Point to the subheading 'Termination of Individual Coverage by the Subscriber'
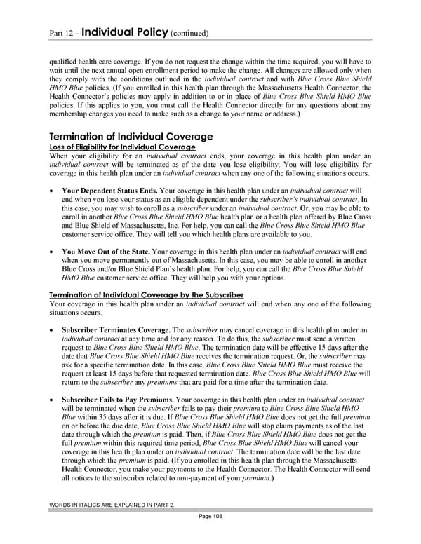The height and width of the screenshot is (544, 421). point(146,295)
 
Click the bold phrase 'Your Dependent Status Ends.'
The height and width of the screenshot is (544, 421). point(109,190)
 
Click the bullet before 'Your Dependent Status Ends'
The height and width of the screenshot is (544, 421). point(53,191)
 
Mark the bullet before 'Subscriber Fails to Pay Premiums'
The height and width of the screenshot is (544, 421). point(53,400)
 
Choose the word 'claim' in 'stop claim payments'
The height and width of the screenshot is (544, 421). point(290,426)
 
